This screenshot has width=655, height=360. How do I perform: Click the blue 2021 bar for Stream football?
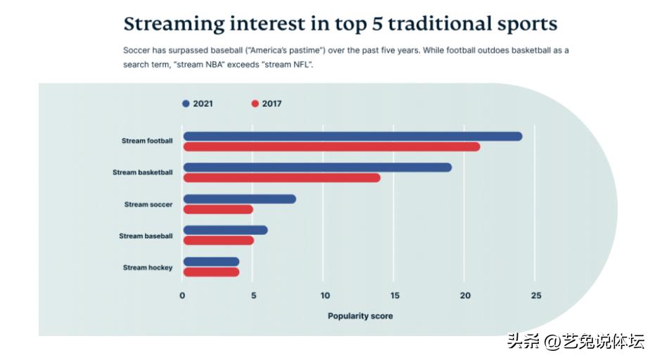(x=352, y=136)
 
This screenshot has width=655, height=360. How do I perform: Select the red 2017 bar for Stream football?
(x=331, y=146)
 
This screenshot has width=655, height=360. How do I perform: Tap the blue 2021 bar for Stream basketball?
(x=317, y=167)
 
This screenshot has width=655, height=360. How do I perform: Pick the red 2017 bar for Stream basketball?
(x=281, y=178)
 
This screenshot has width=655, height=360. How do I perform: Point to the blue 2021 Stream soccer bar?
(x=239, y=199)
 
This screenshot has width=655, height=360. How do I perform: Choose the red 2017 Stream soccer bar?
(x=218, y=210)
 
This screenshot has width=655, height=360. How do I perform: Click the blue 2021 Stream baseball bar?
(x=225, y=230)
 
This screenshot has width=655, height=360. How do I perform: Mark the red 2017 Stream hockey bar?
(x=211, y=272)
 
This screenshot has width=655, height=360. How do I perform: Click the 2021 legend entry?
(x=198, y=103)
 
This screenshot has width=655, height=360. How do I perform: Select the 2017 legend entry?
(x=267, y=103)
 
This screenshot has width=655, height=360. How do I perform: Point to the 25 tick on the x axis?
(x=535, y=295)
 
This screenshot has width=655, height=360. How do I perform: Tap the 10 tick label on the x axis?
(x=324, y=295)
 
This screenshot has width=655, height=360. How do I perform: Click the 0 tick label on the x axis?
(x=182, y=295)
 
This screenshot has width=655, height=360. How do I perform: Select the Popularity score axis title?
(x=360, y=316)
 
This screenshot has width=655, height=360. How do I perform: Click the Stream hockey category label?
(x=147, y=268)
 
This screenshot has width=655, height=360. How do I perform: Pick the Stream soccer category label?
(x=148, y=205)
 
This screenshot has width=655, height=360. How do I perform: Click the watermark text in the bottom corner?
(x=575, y=342)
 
